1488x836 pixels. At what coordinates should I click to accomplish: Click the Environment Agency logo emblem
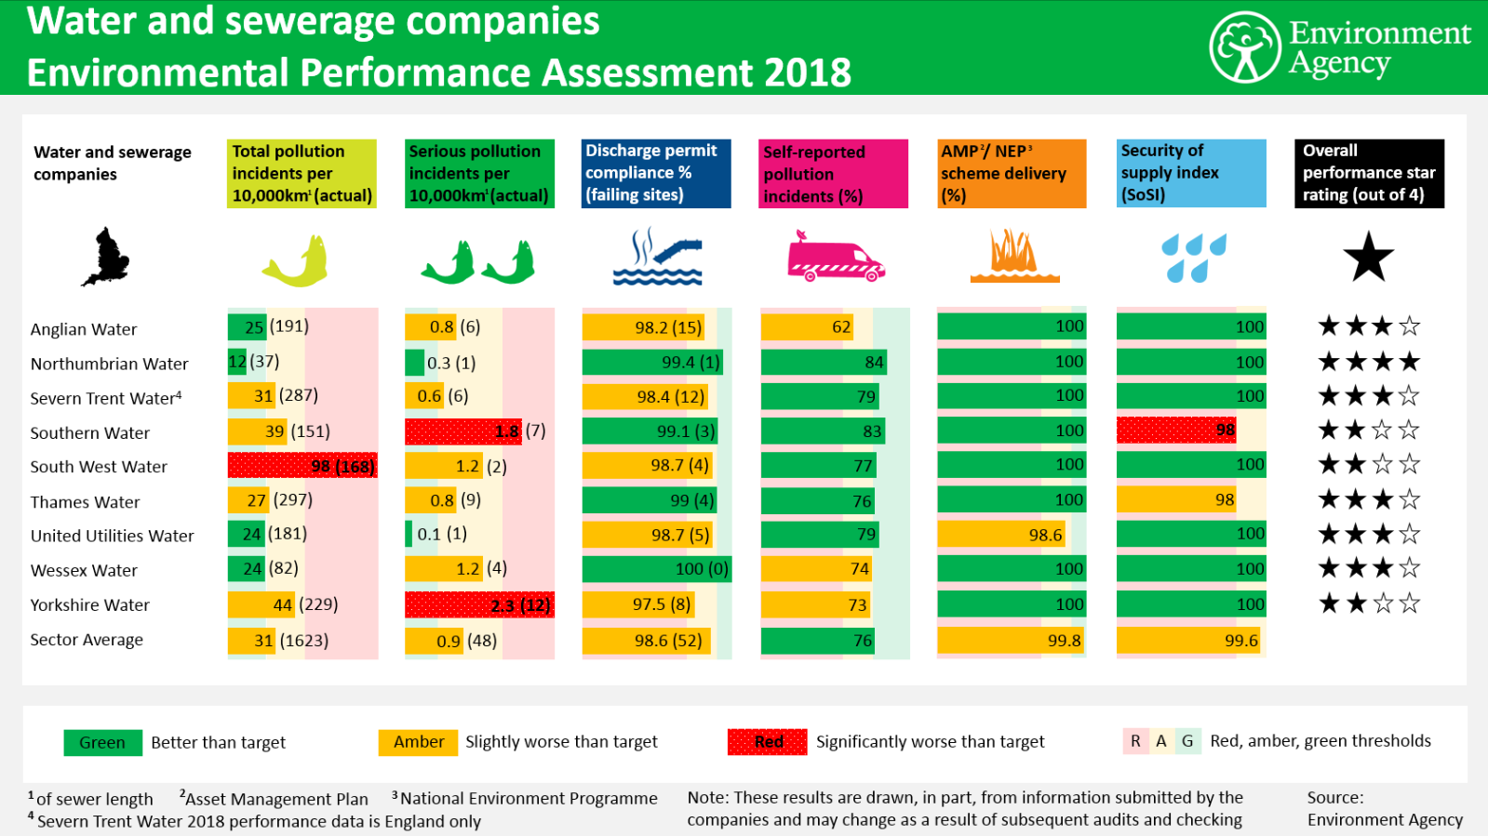pyautogui.click(x=1245, y=47)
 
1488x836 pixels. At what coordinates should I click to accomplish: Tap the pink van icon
pyautogui.click(x=835, y=258)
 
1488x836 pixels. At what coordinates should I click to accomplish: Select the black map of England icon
pyautogui.click(x=106, y=257)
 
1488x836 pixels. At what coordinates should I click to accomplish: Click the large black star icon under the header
pyautogui.click(x=1368, y=258)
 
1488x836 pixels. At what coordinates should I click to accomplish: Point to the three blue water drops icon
pyautogui.click(x=1193, y=258)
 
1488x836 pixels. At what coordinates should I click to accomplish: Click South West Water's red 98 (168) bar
pyautogui.click(x=302, y=466)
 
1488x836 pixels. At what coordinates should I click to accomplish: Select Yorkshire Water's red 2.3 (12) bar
pyautogui.click(x=479, y=605)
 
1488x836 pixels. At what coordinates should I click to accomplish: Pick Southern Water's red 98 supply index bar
pyautogui.click(x=1177, y=430)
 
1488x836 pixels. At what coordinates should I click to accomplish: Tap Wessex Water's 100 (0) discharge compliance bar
pyautogui.click(x=656, y=569)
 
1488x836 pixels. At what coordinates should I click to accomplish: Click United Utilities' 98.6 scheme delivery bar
pyautogui.click(x=1002, y=535)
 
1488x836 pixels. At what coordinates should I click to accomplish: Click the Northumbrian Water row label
pyautogui.click(x=109, y=364)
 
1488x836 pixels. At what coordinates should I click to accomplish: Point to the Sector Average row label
pyautogui.click(x=87, y=640)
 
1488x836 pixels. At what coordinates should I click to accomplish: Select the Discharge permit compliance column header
pyautogui.click(x=656, y=173)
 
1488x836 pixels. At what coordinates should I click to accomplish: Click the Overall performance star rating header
pyautogui.click(x=1368, y=173)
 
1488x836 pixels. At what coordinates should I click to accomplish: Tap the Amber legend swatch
pyautogui.click(x=418, y=742)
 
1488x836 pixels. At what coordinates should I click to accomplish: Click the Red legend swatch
pyautogui.click(x=768, y=742)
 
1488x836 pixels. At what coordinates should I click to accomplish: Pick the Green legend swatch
pyautogui.click(x=102, y=743)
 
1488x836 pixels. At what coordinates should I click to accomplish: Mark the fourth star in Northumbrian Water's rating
pyautogui.click(x=1409, y=362)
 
